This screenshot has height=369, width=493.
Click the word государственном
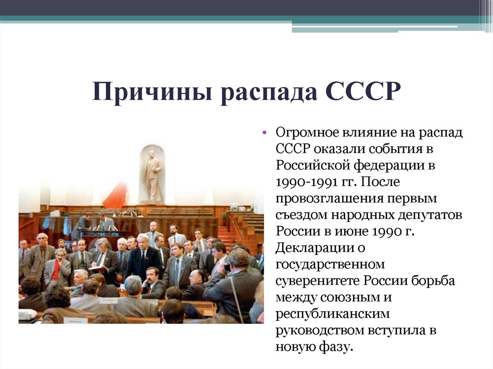pyautogui.click(x=330, y=265)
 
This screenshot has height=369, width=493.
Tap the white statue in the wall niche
pyautogui.click(x=153, y=176)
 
